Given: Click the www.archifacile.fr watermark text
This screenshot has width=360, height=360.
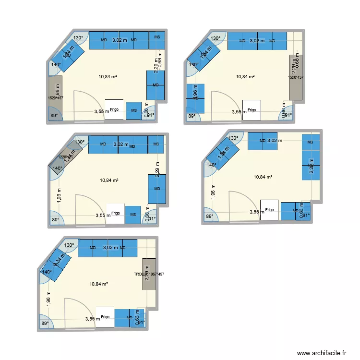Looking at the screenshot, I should pyautogui.click(x=322, y=353).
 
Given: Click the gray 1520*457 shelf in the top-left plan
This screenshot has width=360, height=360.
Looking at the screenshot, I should pyautogui.click(x=55, y=94).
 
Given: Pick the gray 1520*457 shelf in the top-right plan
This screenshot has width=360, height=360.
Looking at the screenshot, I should pyautogui.click(x=295, y=77).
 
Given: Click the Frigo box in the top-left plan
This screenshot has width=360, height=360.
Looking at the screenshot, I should pyautogui.click(x=114, y=109).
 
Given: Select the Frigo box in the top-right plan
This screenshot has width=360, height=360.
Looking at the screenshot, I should pyautogui.click(x=252, y=109).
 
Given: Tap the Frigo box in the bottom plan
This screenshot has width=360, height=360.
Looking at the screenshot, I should pyautogui.click(x=105, y=317).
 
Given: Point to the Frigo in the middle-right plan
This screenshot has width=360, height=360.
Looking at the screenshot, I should pyautogui.click(x=269, y=210).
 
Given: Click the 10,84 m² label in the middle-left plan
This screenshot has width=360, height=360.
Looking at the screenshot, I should pyautogui.click(x=109, y=180).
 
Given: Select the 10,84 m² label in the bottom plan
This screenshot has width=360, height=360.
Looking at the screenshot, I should pyautogui.click(x=98, y=284).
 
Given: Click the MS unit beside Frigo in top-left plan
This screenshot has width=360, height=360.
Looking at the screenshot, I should pyautogui.click(x=134, y=110).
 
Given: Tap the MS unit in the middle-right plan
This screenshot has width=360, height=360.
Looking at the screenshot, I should pyautogui.click(x=310, y=142).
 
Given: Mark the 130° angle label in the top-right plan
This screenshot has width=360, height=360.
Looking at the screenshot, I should pyautogui.click(x=216, y=38).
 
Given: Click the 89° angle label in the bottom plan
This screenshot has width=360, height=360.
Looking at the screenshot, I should pyautogui.click(x=45, y=323).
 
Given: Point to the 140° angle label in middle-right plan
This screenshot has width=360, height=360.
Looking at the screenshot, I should pyautogui.click(x=211, y=165).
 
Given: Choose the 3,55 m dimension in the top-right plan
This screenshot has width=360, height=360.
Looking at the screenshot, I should pyautogui.click(x=239, y=111).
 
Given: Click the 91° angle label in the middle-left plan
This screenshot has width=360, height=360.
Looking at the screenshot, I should pyautogui.click(x=152, y=219).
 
